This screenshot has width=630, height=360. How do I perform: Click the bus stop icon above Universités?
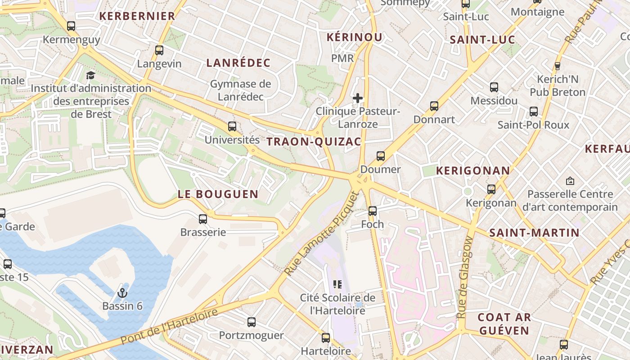[232, 126]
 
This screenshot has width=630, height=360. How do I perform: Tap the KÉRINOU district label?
[354, 37]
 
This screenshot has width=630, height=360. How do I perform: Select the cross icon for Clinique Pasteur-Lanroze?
[358, 98]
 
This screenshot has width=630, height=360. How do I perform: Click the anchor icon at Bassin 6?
[122, 293]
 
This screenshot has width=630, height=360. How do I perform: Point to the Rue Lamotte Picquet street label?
[323, 234]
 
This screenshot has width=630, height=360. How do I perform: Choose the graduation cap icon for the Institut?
[91, 75]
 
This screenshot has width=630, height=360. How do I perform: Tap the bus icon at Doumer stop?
[381, 156]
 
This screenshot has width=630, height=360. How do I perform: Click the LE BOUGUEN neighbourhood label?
[218, 194]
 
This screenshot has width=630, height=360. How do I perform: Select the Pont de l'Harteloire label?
[170, 326]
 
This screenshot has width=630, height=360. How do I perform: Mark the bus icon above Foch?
[373, 211]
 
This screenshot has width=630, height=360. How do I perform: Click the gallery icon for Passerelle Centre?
[570, 181]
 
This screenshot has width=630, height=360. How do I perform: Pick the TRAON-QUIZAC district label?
[314, 142]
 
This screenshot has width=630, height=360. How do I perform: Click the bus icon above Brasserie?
[203, 219]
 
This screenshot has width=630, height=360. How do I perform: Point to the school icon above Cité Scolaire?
[337, 284]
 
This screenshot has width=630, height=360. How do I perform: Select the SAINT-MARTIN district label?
[534, 233]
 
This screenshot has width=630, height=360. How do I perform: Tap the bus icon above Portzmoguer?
[252, 322]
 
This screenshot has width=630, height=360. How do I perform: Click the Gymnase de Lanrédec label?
[241, 90]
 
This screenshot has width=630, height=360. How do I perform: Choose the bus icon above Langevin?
[159, 50]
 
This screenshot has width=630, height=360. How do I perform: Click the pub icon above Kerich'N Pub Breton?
[558, 66]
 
